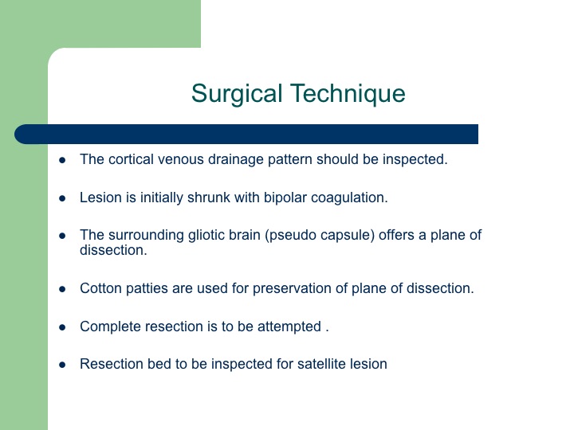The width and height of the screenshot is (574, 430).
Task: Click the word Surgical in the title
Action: pyautogui.click(x=237, y=94)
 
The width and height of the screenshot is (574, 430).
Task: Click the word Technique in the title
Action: pyautogui.click(x=348, y=93)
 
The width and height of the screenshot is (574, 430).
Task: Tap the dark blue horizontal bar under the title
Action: pyautogui.click(x=246, y=135)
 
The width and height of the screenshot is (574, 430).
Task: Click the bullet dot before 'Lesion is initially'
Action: pyautogui.click(x=62, y=198)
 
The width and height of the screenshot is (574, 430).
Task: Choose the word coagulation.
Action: pyautogui.click(x=349, y=197)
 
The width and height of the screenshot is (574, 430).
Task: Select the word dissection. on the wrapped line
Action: pyautogui.click(x=113, y=251)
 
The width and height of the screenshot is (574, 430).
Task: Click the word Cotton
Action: pyautogui.click(x=100, y=288)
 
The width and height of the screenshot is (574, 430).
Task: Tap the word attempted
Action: pyautogui.click(x=289, y=327)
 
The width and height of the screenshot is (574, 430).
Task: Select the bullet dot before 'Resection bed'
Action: pyautogui.click(x=62, y=365)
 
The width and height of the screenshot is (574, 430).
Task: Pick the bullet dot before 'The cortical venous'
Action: pyautogui.click(x=62, y=160)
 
